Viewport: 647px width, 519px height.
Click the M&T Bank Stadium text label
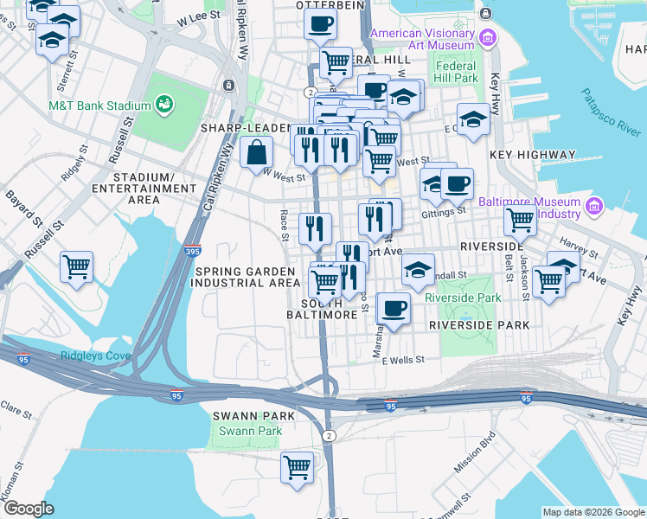pyautogui.click(x=99, y=106)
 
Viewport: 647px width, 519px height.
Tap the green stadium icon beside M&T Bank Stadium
pyautogui.click(x=163, y=105)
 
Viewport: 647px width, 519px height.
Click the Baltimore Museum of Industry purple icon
pyautogui.click(x=593, y=207)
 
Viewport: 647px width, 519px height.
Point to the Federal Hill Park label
pyautogui.click(x=457, y=72)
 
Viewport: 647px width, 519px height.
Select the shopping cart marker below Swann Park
pyautogui.click(x=298, y=466)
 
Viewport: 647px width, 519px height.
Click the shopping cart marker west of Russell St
pyautogui.click(x=77, y=266)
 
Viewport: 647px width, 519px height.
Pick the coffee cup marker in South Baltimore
pyautogui.click(x=394, y=308)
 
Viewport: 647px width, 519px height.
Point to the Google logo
pyautogui.click(x=29, y=509)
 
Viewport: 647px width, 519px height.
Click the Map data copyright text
pyautogui.click(x=593, y=512)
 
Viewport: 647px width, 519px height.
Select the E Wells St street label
pyautogui.click(x=405, y=360)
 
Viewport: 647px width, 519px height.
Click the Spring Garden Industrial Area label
pyautogui.click(x=246, y=277)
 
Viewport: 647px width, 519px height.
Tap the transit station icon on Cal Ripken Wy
pyautogui.click(x=229, y=85)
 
